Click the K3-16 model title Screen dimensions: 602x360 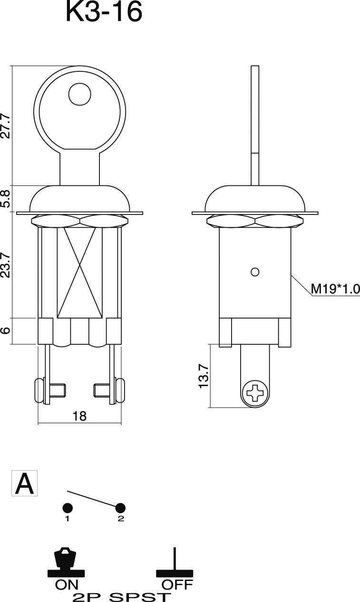point(104,13)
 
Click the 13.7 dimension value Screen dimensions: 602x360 point(203,375)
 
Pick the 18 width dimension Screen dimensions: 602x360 point(79,416)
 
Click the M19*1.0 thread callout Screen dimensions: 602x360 point(335,289)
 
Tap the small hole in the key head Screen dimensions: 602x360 point(79,94)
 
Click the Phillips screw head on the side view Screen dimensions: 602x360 point(255,393)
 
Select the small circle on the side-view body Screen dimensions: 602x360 point(255,272)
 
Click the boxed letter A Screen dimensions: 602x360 point(24,484)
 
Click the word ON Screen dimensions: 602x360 point(67,584)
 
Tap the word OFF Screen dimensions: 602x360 point(177,584)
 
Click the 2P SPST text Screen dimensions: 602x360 point(122,596)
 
